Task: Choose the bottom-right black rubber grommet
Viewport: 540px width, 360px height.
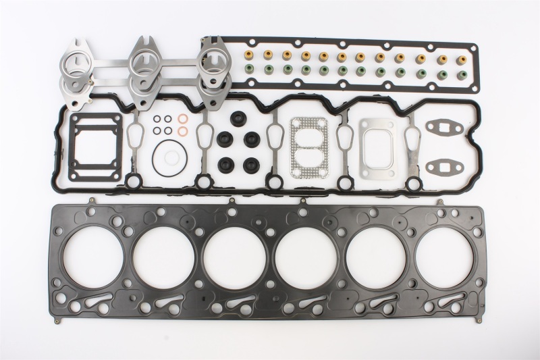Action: [252, 163]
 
